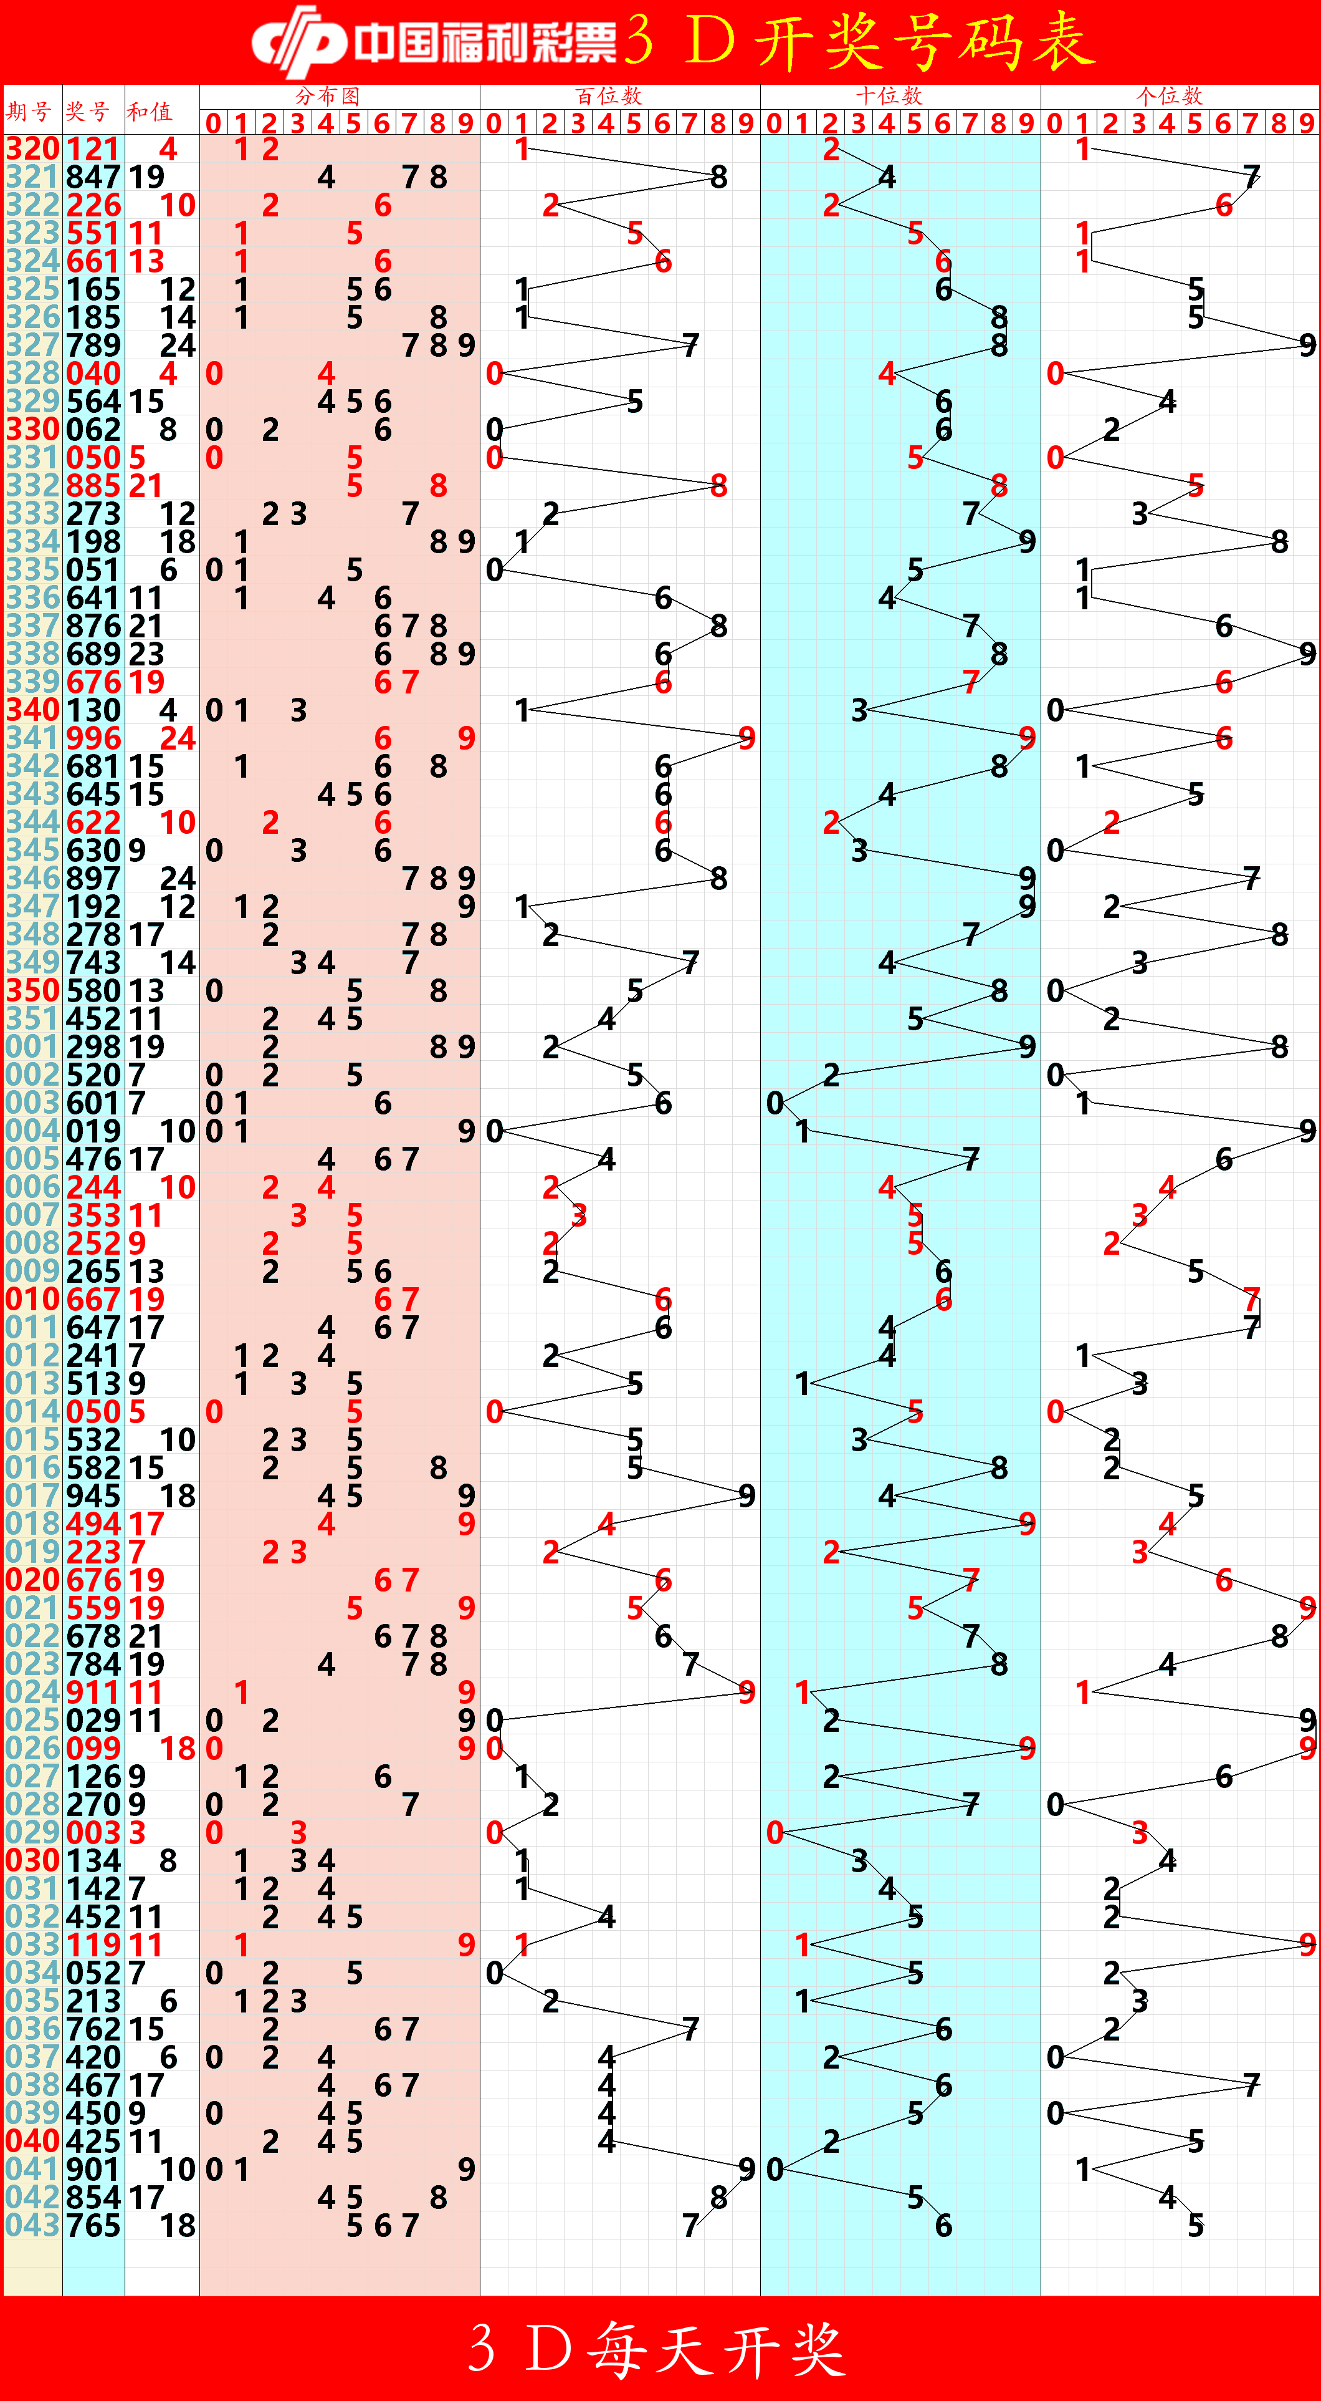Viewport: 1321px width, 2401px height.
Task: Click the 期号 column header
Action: (x=28, y=112)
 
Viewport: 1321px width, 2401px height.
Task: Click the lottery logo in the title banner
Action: (x=298, y=42)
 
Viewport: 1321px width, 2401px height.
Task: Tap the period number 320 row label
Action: (x=32, y=149)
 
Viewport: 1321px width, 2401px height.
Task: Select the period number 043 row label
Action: (x=32, y=2225)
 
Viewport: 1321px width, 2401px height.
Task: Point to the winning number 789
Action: (x=93, y=345)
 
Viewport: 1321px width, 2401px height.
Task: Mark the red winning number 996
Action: (x=93, y=738)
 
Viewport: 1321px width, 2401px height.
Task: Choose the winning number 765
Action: (x=93, y=2225)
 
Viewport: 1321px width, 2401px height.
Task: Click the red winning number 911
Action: (x=93, y=1692)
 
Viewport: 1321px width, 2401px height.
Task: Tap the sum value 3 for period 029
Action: (x=137, y=1832)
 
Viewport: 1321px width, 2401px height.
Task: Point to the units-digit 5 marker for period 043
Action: (x=1195, y=2225)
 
